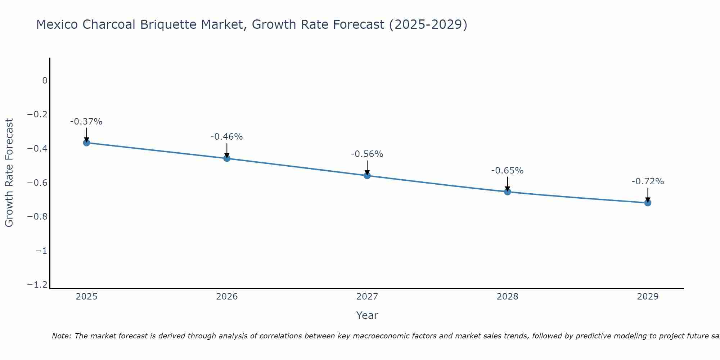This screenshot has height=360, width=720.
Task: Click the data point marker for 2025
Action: tap(86, 143)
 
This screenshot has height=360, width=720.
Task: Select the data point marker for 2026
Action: tap(227, 158)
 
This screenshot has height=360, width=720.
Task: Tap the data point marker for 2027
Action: tap(367, 175)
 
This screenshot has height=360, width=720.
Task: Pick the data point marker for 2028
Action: tap(507, 192)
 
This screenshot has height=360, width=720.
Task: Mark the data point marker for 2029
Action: tap(648, 203)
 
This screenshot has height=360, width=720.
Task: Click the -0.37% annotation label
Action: tap(86, 122)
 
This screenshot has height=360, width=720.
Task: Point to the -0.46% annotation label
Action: tap(227, 137)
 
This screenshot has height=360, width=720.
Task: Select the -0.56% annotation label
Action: tap(367, 154)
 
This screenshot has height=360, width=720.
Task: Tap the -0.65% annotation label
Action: tap(507, 171)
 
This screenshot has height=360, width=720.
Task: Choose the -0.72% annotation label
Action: tap(648, 181)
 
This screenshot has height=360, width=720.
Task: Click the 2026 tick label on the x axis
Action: tap(227, 297)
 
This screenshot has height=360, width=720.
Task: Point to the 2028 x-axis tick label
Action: tap(507, 297)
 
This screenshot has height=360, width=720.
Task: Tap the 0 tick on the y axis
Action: tap(45, 81)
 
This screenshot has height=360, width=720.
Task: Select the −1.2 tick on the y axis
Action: tap(37, 285)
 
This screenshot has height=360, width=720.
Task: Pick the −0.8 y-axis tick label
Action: tap(37, 217)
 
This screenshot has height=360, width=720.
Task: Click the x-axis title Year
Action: tap(367, 315)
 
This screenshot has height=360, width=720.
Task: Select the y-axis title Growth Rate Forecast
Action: tap(9, 173)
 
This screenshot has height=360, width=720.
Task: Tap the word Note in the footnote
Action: tap(61, 336)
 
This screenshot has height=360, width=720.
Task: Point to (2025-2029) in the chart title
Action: tap(428, 25)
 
